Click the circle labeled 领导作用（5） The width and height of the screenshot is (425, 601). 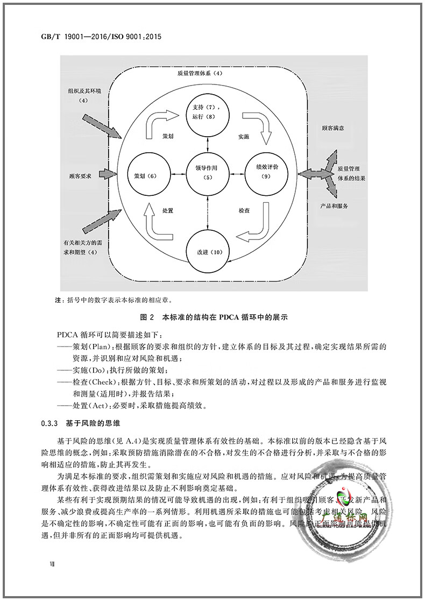pyautogui.click(x=206, y=173)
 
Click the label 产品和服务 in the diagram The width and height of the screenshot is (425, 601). pyautogui.click(x=333, y=206)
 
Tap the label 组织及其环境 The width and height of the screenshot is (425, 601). pyautogui.click(x=83, y=91)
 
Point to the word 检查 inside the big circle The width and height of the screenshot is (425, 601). pyautogui.click(x=244, y=210)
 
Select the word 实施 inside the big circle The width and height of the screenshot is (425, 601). pyautogui.click(x=243, y=137)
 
